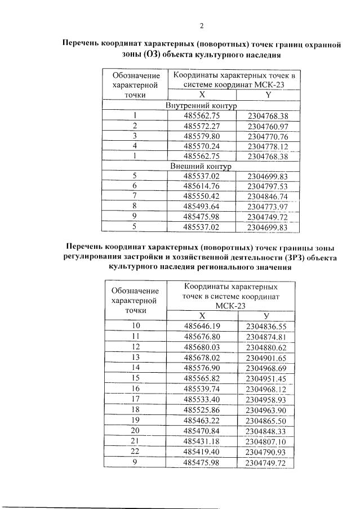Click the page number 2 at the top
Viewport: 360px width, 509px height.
pyautogui.click(x=201, y=25)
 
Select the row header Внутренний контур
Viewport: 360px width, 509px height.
pyautogui.click(x=201, y=105)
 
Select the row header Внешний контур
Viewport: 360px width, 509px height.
pyautogui.click(x=201, y=166)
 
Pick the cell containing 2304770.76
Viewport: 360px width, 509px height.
pyautogui.click(x=268, y=136)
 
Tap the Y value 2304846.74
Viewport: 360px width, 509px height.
pyautogui.click(x=268, y=197)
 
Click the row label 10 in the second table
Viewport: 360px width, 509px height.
pyautogui.click(x=136, y=326)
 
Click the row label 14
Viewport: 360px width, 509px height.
pyautogui.click(x=136, y=367)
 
